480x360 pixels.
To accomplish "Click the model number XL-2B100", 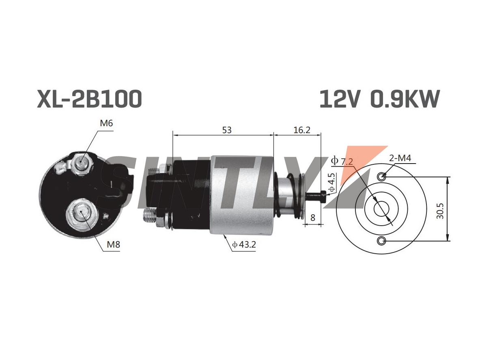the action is coord(90,99).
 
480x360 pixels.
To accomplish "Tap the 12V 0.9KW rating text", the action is coord(380,99).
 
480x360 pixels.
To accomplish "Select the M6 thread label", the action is coord(107,123).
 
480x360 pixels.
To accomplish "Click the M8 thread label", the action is coord(113,244).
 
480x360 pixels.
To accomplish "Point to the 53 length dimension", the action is coord(227,130).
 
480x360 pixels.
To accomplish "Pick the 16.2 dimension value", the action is coord(302,130).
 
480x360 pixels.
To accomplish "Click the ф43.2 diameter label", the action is coord(244,244).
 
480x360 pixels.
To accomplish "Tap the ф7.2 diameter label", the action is coord(342,161).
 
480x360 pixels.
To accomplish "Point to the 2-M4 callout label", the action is coord(400,158).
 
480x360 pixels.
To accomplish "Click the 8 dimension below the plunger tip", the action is coord(312,218).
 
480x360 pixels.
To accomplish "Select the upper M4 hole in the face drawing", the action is coord(381,177).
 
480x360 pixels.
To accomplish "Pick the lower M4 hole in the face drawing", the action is coord(381,241).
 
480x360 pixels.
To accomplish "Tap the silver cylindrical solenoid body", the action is coord(241,195).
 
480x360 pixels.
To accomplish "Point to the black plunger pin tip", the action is coord(323,196).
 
